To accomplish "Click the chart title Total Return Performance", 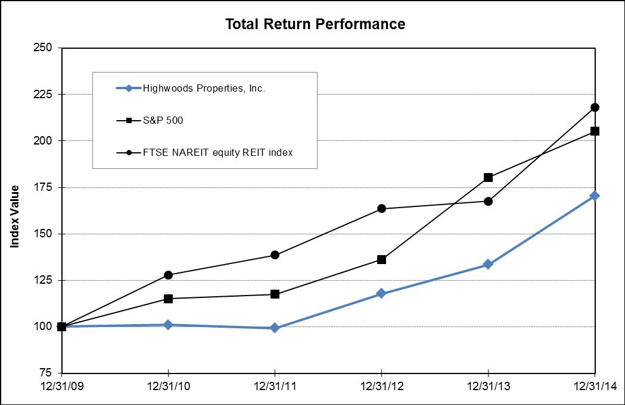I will tap(315, 24).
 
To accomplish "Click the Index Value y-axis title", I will tap(15, 216).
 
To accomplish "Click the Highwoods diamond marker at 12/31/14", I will tap(595, 196).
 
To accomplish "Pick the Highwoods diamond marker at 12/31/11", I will tap(275, 328).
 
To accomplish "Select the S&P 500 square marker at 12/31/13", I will tap(488, 177).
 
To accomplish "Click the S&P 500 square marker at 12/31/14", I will tap(595, 131).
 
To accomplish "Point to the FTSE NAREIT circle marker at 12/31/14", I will tap(595, 108).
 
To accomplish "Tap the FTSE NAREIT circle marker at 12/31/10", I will tap(169, 275).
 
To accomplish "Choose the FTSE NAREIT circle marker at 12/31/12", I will tap(381, 209).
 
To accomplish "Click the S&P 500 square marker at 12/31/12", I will tap(381, 259).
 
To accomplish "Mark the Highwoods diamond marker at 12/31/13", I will tap(488, 264).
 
